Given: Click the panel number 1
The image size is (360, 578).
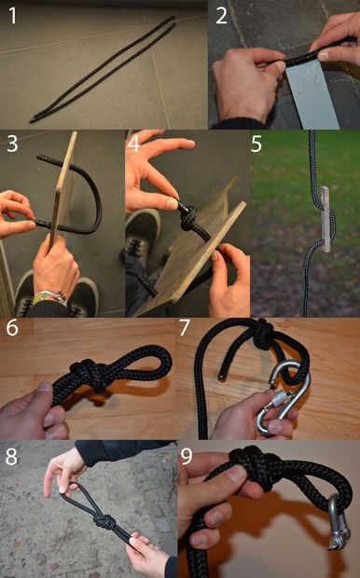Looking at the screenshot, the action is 12,16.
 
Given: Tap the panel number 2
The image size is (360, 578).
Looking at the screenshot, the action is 221,16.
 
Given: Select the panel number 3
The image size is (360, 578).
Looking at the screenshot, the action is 12,144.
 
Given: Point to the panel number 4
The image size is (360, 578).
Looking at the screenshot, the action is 133,144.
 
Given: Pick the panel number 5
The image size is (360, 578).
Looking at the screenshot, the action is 256,144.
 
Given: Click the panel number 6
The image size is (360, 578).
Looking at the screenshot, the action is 12,327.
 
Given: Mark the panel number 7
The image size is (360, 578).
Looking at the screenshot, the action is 185,327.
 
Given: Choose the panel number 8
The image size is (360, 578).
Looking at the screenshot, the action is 11,457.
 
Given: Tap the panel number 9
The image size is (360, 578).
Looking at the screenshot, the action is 187,457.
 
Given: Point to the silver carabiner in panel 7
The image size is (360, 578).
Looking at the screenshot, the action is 284,396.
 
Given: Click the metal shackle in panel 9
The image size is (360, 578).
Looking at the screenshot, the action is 338,523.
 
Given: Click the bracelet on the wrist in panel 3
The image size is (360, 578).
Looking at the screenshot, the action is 49,297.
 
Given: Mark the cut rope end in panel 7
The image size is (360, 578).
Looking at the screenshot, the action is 220,377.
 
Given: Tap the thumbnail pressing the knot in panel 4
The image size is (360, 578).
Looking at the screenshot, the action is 171,204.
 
